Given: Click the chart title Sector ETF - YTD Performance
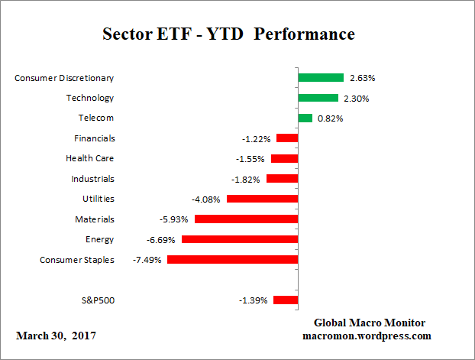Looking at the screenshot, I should click(x=228, y=34).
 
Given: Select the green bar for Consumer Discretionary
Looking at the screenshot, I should click(x=321, y=77).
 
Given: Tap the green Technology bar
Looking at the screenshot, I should click(x=318, y=98).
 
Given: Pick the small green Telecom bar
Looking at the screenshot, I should click(x=305, y=118).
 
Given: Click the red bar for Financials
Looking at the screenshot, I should click(x=287, y=138).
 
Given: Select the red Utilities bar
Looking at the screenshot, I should click(x=262, y=199).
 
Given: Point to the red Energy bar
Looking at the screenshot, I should click(x=240, y=239).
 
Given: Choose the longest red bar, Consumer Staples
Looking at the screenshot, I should click(x=232, y=260).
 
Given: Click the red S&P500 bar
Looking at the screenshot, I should click(x=286, y=300).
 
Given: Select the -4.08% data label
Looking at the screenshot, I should click(x=206, y=199).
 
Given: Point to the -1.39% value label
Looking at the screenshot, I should click(x=254, y=300).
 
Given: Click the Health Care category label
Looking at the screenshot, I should click(x=90, y=158).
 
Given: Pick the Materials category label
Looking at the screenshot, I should click(x=95, y=219).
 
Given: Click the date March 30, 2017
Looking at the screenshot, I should click(x=56, y=336).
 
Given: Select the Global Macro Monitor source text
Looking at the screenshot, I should click(x=370, y=323).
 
